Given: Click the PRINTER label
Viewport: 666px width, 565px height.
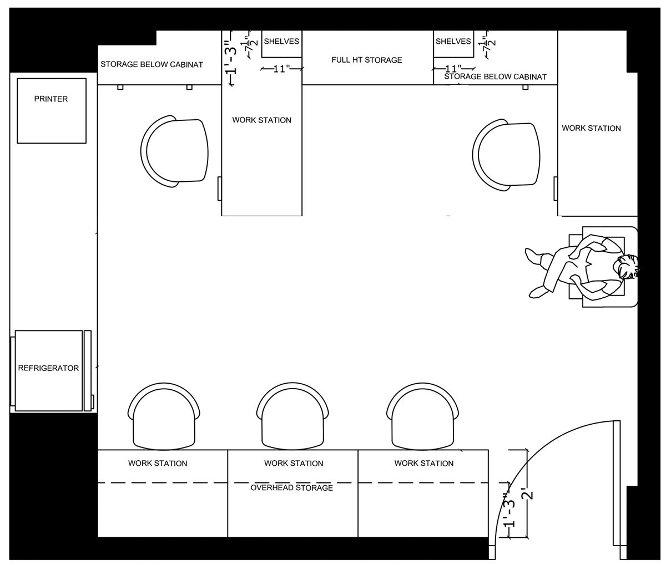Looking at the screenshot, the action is (x=51, y=99).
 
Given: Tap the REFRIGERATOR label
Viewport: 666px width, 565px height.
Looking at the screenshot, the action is (x=48, y=368).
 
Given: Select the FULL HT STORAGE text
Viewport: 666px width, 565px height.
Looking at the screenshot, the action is (x=367, y=60).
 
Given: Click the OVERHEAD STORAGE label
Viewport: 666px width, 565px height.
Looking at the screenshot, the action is (x=291, y=488).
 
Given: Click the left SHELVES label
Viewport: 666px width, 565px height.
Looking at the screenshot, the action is (x=281, y=41).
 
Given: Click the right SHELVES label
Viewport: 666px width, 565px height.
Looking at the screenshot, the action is (x=453, y=41).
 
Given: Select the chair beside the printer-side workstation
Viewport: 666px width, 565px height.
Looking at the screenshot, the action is (x=174, y=151).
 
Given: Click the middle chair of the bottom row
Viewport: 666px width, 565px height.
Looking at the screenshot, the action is (x=292, y=416).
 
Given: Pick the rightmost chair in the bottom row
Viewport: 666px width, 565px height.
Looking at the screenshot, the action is (x=422, y=416).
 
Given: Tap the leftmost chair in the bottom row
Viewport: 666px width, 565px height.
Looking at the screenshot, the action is (x=164, y=416).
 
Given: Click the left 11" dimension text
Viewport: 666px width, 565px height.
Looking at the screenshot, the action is (x=281, y=69).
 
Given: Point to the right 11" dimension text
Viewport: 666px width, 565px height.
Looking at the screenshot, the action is (x=453, y=68).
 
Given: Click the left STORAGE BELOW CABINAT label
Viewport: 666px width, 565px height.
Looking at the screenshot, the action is (x=152, y=64).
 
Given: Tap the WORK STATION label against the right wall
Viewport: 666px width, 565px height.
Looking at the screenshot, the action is (x=591, y=128).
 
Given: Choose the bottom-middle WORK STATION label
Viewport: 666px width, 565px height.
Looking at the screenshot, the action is (x=294, y=464).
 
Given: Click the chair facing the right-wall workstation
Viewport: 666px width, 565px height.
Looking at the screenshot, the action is (x=506, y=155).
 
